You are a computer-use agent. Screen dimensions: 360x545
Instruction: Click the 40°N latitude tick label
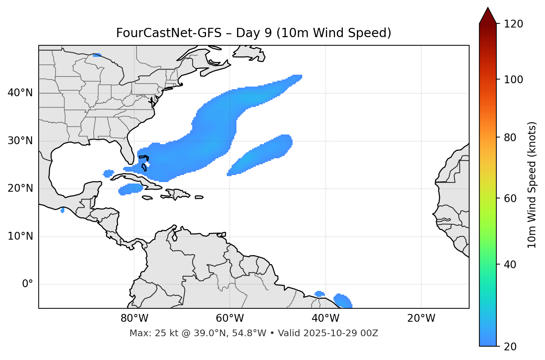pos(20,93)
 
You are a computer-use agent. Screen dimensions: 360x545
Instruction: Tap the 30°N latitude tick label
pos(20,141)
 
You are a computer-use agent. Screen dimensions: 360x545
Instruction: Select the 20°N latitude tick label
pos(20,188)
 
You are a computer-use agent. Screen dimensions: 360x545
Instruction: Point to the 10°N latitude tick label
pos(20,236)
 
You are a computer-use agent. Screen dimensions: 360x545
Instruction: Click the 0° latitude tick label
pos(28,284)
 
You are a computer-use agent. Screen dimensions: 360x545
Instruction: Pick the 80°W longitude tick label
pos(134,318)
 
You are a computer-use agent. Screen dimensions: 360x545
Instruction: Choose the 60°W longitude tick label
pos(230,318)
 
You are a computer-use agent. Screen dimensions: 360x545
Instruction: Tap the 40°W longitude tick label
pos(325,318)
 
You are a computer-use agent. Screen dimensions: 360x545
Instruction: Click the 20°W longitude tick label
pos(421,318)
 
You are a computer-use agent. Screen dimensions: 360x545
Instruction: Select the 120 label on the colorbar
pos(513,24)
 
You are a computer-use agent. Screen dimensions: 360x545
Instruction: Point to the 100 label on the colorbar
pos(513,80)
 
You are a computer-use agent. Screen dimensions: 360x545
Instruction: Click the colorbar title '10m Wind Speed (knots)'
pos(532,185)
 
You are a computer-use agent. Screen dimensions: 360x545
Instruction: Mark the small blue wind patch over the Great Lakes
pos(97,55)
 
